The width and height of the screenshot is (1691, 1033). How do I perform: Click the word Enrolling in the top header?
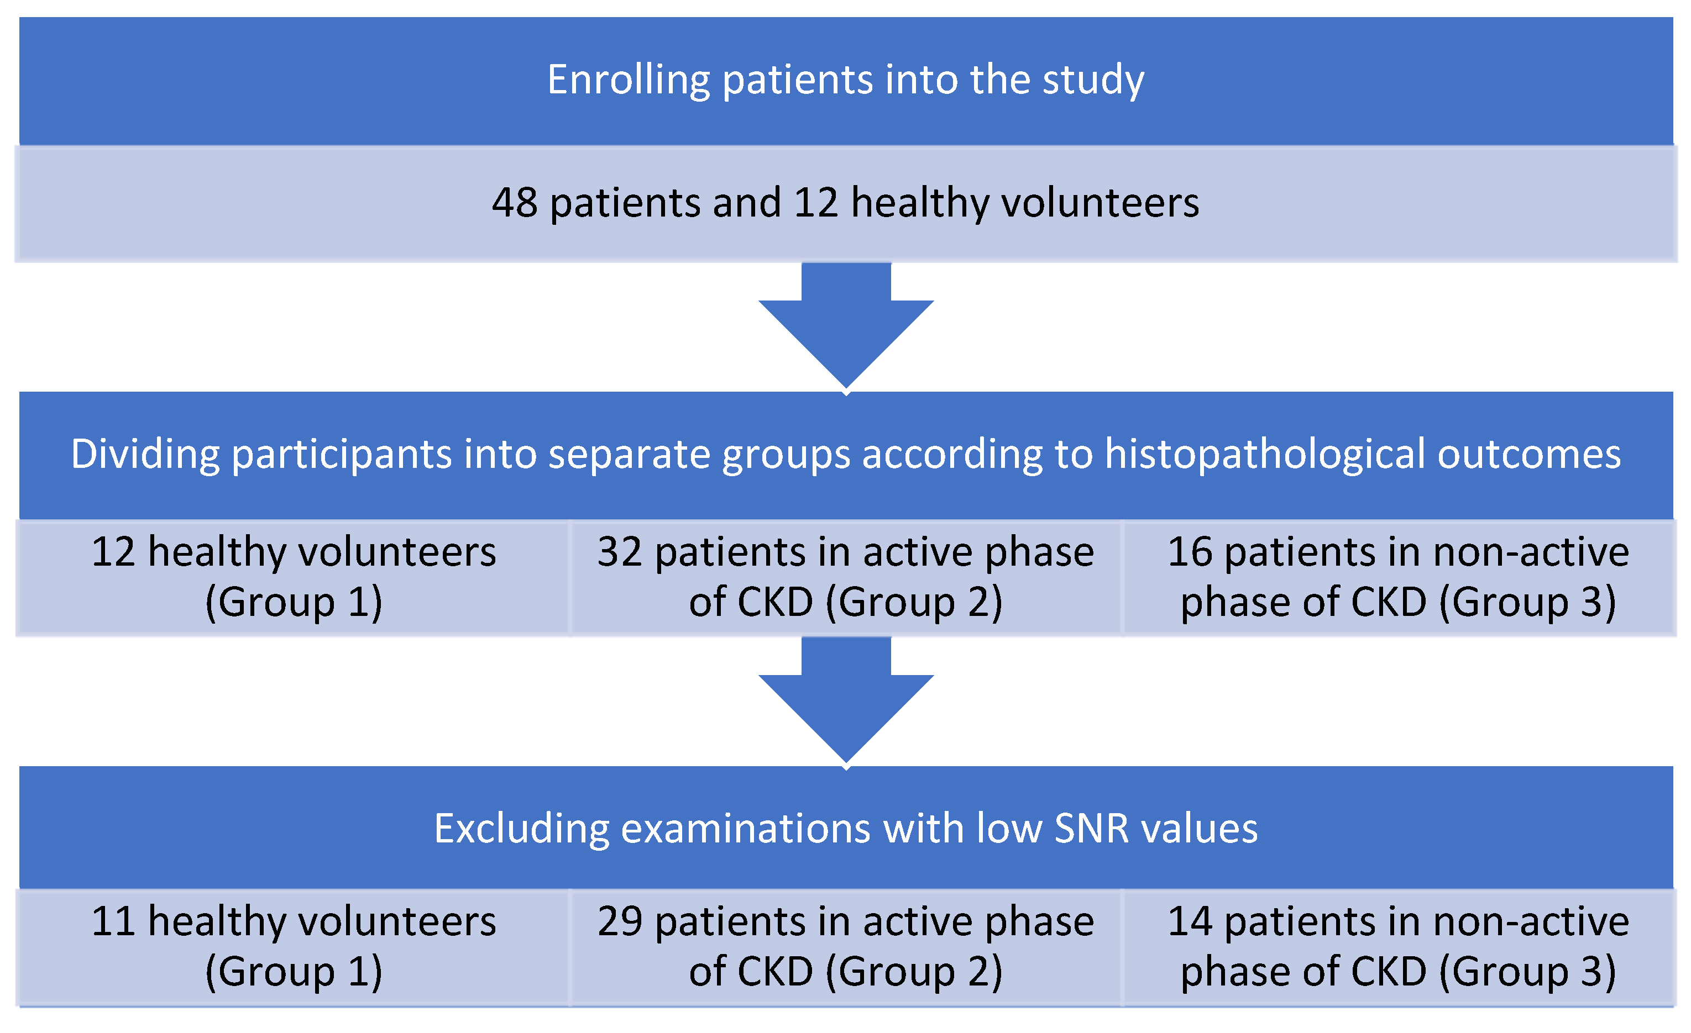coord(628,80)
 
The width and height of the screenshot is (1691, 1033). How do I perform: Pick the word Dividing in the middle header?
coord(145,455)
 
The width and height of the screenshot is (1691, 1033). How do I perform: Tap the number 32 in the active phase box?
coord(620,552)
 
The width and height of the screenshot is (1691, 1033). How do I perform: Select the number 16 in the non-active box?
coord(1190,552)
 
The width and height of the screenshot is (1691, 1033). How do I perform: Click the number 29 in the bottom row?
coord(620,921)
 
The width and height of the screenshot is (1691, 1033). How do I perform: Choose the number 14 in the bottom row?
coord(1190,921)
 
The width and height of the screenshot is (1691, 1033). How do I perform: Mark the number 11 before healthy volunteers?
coord(113,921)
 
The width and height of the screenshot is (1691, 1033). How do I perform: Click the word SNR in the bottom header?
coord(1091,829)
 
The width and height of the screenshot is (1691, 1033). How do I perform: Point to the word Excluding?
coord(522,829)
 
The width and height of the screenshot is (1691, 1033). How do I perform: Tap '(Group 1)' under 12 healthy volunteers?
coord(294,603)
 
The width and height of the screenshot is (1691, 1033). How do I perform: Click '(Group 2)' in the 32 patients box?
coord(914,603)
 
